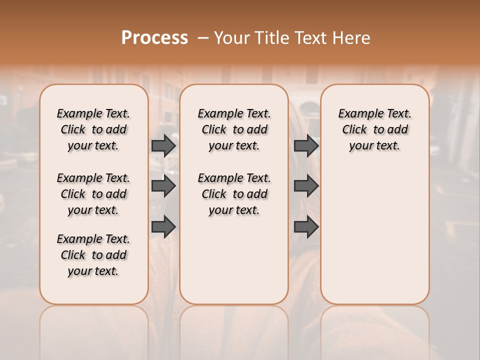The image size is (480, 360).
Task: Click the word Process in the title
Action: click(154, 38)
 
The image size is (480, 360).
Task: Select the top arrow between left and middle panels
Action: click(163, 145)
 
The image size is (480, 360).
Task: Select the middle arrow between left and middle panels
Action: click(163, 186)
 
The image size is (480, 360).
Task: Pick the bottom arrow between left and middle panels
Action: click(163, 227)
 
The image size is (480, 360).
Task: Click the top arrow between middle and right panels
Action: click(306, 145)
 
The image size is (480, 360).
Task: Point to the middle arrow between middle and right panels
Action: click(306, 186)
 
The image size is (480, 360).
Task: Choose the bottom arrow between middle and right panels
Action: click(306, 227)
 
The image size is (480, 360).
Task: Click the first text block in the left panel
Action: click(93, 129)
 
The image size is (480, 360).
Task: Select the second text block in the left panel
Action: click(93, 194)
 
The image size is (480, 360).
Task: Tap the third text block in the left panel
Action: click(93, 255)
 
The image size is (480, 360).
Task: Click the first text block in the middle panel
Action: click(234, 129)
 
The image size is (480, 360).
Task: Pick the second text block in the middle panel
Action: click(234, 194)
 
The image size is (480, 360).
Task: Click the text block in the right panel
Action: click(374, 129)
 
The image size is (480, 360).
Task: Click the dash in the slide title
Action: click(202, 38)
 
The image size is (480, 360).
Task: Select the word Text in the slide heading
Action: click(309, 38)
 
